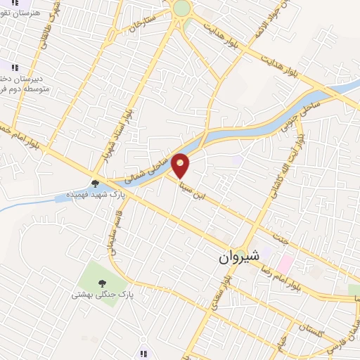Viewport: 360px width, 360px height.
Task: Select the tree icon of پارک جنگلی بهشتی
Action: pos(103,283)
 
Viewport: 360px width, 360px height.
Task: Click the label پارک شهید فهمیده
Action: pos(95,193)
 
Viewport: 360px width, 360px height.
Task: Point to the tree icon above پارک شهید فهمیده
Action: pos(95,183)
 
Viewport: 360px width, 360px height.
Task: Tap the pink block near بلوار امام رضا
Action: pos(285,264)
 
